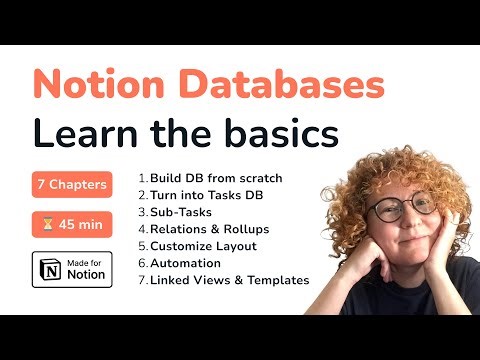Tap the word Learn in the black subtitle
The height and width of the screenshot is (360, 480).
[x=89, y=133]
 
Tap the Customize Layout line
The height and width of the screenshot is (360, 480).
[x=203, y=246]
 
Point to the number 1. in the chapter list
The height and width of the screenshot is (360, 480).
[x=142, y=178]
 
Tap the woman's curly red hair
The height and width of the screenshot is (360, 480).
[x=395, y=160]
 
